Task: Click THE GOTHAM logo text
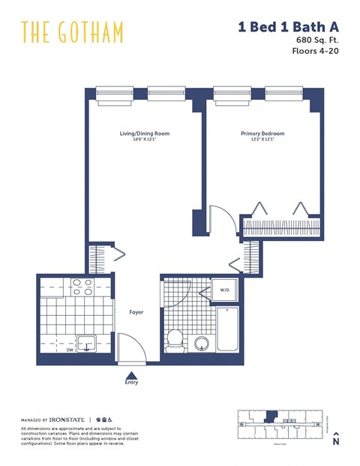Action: tap(72, 32)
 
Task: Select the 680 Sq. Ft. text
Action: tap(315, 40)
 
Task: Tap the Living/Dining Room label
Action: tap(145, 134)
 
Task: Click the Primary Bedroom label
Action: tap(262, 134)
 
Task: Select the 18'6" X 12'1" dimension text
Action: tap(145, 140)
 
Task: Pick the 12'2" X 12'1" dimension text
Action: tap(262, 140)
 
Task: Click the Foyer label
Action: tap(136, 312)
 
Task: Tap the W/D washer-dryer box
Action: tap(225, 290)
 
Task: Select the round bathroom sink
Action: tap(201, 344)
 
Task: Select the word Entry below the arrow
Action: tap(132, 383)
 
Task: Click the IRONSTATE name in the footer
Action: tap(67, 420)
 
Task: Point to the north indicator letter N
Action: tap(336, 443)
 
